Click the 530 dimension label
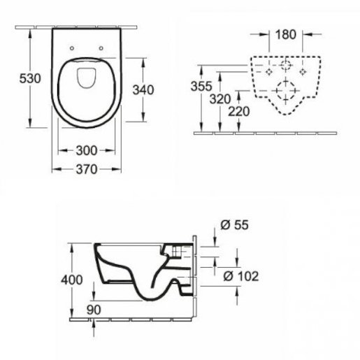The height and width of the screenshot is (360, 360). (x=30, y=78)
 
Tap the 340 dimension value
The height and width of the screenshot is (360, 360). (x=143, y=90)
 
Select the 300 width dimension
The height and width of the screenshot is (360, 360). (x=87, y=150)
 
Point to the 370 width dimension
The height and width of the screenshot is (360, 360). (x=87, y=169)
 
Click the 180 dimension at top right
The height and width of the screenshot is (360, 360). (x=286, y=34)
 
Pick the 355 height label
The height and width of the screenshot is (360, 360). (x=201, y=86)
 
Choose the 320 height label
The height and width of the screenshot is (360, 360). (x=220, y=99)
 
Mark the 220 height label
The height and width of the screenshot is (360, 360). (x=239, y=111)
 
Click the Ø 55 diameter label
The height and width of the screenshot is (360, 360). (x=234, y=225)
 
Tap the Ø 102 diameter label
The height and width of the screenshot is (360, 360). (x=241, y=276)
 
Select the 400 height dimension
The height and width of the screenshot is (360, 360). (x=72, y=280)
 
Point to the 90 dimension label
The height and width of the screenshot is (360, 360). (x=94, y=310)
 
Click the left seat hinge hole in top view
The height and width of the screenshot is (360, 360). (x=72, y=48)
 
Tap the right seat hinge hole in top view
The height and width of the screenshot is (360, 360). (x=101, y=48)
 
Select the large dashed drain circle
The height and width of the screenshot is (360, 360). (x=286, y=91)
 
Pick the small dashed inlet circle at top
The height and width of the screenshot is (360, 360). (x=286, y=65)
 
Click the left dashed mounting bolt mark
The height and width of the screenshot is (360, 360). (x=269, y=72)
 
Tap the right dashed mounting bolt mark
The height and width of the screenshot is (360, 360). (x=303, y=72)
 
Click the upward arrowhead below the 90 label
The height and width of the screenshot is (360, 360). (x=94, y=324)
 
